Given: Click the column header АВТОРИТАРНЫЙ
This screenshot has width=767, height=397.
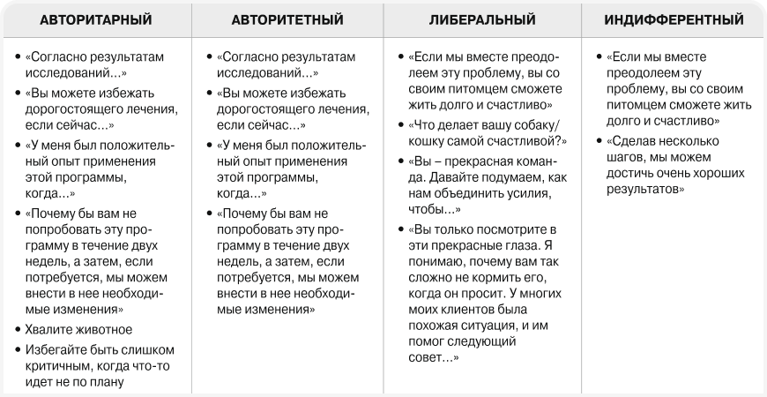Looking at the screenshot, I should click(x=96, y=19).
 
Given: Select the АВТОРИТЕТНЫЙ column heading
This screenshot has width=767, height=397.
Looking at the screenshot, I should click(x=288, y=19).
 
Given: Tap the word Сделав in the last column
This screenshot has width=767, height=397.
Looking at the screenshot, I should click(x=641, y=142).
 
